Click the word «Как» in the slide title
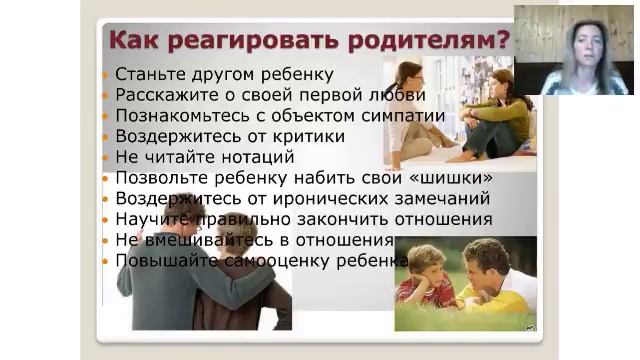pos(133,42)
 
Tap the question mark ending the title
pos(502,42)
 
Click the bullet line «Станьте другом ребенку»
pos(224,74)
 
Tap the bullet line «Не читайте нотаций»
pos(204,157)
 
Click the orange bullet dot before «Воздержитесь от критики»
pos(107,137)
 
